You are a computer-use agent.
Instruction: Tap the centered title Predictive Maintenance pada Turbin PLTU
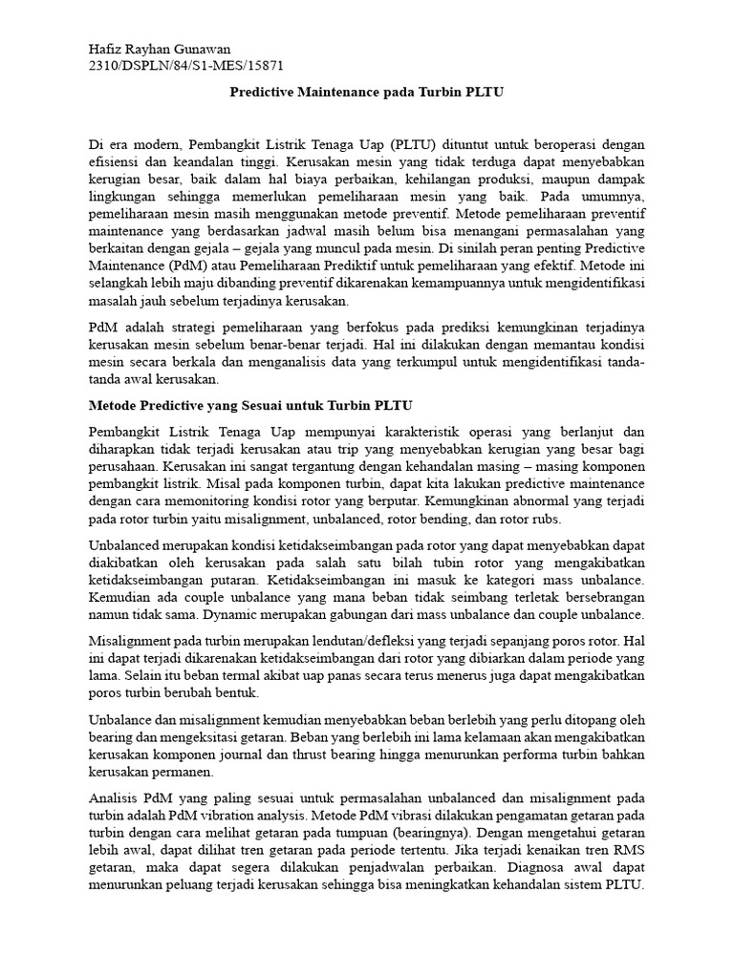tap(366, 94)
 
